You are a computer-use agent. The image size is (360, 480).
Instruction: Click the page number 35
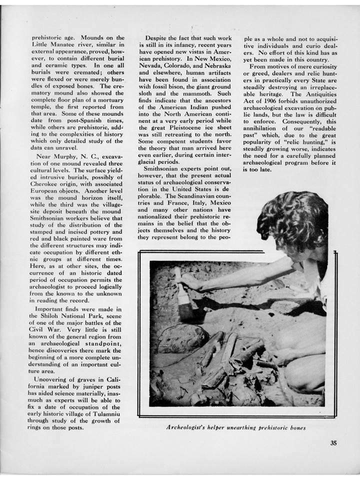[x=333, y=441]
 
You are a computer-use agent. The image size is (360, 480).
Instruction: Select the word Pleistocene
[x=182, y=126]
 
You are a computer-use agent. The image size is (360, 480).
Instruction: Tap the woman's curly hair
[x=292, y=219]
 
